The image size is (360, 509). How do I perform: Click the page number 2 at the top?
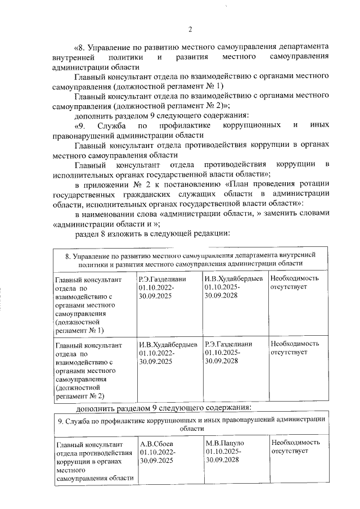[x=190, y=29]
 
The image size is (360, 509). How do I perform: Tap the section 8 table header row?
[x=190, y=259]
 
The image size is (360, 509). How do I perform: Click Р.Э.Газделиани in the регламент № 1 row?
[x=163, y=278]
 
